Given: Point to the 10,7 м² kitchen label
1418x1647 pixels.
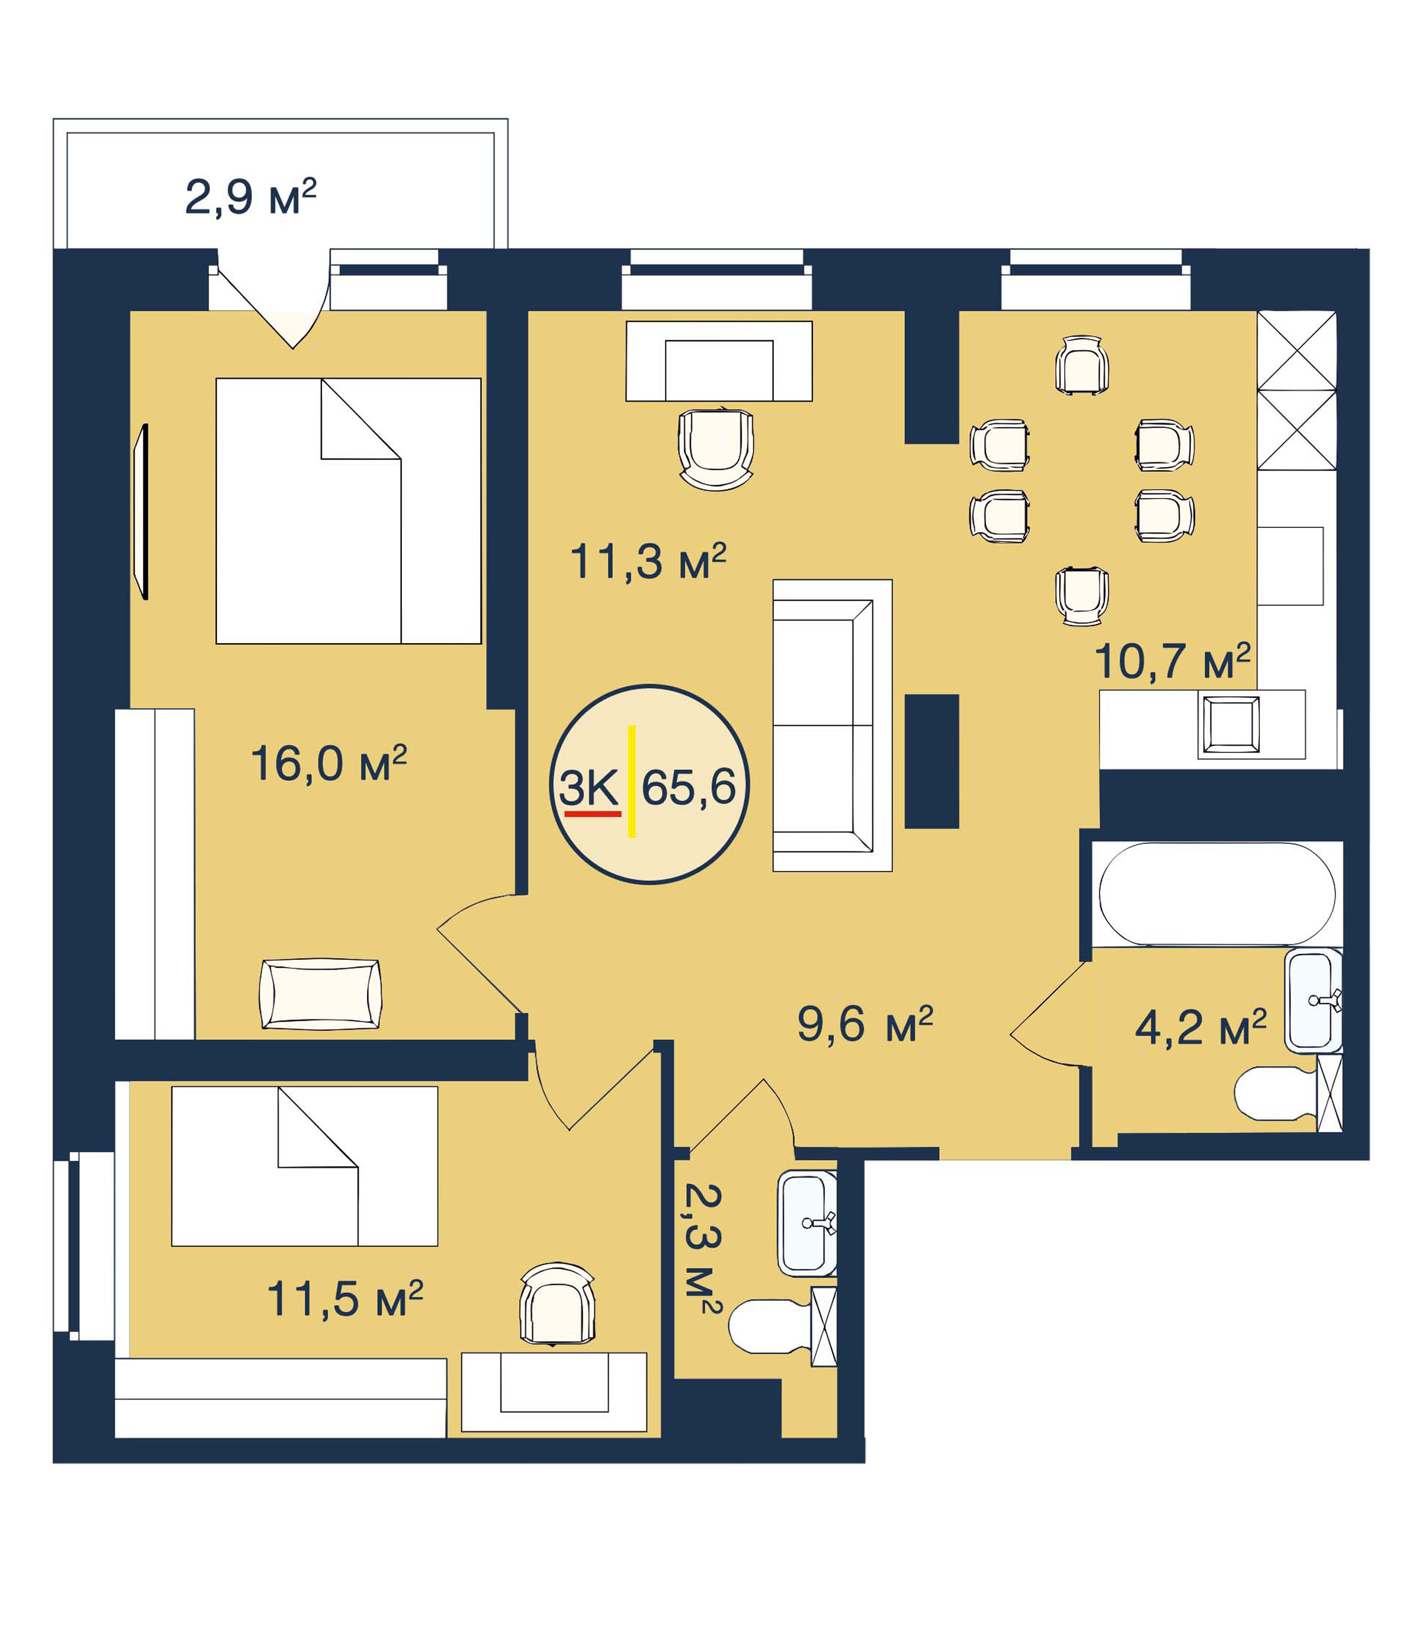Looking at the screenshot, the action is (1172, 661).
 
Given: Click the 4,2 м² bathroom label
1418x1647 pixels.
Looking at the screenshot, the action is (1200, 1028).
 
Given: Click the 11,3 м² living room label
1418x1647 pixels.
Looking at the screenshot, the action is (648, 562).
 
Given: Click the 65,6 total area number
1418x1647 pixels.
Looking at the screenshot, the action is (688, 787).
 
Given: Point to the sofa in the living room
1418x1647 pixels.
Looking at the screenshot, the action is (832, 725).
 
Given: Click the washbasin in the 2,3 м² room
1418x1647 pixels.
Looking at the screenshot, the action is (807, 1223).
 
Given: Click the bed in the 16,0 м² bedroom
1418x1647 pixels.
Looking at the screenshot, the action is (348, 511).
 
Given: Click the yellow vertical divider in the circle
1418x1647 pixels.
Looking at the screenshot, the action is (631, 781).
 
